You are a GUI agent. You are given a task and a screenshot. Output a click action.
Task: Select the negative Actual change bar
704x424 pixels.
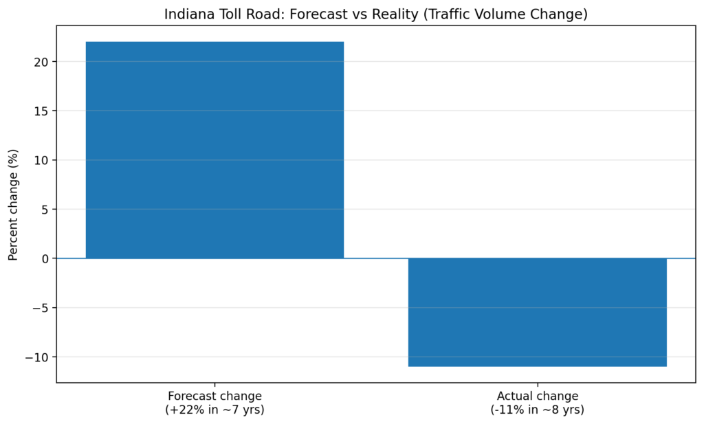(x=537, y=312)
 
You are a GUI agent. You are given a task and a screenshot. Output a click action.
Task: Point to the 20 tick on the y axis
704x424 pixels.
(x=43, y=62)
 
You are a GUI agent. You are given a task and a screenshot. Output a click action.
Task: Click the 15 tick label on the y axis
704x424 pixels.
(x=43, y=111)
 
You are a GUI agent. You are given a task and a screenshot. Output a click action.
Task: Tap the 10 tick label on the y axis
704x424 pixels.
(x=43, y=160)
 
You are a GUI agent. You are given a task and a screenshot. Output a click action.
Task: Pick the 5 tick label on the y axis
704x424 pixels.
(x=46, y=210)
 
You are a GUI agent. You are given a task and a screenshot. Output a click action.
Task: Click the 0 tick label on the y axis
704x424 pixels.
(x=46, y=258)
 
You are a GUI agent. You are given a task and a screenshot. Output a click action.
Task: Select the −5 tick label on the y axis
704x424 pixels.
(x=41, y=308)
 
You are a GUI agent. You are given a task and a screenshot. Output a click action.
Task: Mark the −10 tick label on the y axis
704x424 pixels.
(x=38, y=357)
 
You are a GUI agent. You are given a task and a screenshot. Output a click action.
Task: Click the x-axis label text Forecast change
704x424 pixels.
(x=214, y=397)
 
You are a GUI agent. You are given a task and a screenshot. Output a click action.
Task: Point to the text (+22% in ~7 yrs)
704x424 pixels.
(x=214, y=410)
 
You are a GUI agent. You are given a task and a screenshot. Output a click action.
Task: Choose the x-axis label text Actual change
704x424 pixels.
(x=537, y=397)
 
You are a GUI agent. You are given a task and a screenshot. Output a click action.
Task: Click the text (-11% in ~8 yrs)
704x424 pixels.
(x=537, y=410)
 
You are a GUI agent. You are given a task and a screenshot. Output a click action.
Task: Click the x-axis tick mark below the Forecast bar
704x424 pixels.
(x=214, y=385)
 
